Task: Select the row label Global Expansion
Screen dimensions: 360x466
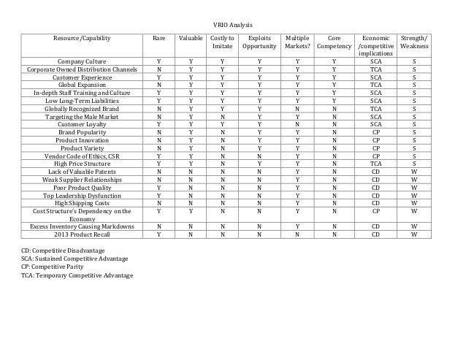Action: tap(80, 85)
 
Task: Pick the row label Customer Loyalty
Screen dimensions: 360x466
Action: tap(80, 124)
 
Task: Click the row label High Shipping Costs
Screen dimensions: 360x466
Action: tap(80, 203)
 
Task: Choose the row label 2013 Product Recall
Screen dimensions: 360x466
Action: tap(80, 234)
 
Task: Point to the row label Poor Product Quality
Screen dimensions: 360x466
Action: tap(80, 187)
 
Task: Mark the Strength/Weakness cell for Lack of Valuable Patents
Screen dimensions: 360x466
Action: tap(414, 172)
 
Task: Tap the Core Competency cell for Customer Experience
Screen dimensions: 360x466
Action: tap(333, 77)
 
